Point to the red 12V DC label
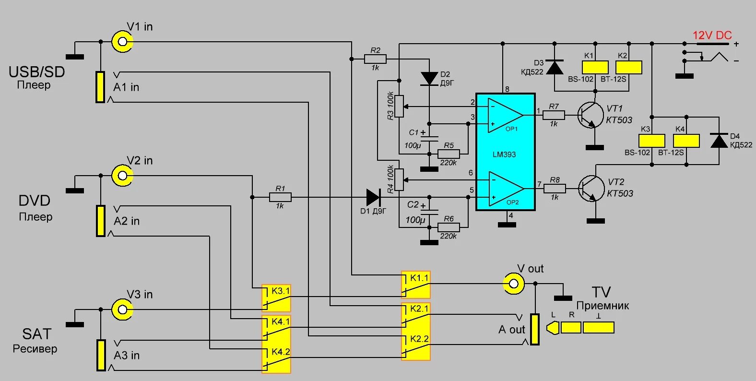pyautogui.click(x=712, y=36)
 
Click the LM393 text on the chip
pyautogui.click(x=504, y=155)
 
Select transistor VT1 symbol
pyautogui.click(x=591, y=115)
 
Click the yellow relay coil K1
pyautogui.click(x=595, y=68)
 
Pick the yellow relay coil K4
pyautogui.click(x=686, y=141)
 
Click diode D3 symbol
pyautogui.click(x=555, y=67)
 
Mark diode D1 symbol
pyautogui.click(x=374, y=197)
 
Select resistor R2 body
pyautogui.click(x=375, y=59)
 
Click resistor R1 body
pyautogui.click(x=280, y=197)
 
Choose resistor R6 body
pyautogui.click(x=449, y=227)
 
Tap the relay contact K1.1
pyautogui.click(x=416, y=285)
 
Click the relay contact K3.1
pyautogui.click(x=276, y=298)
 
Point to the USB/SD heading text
pyautogui.click(x=36, y=72)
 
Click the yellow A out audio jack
pyautogui.click(x=534, y=329)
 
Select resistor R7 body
pyautogui.click(x=554, y=115)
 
